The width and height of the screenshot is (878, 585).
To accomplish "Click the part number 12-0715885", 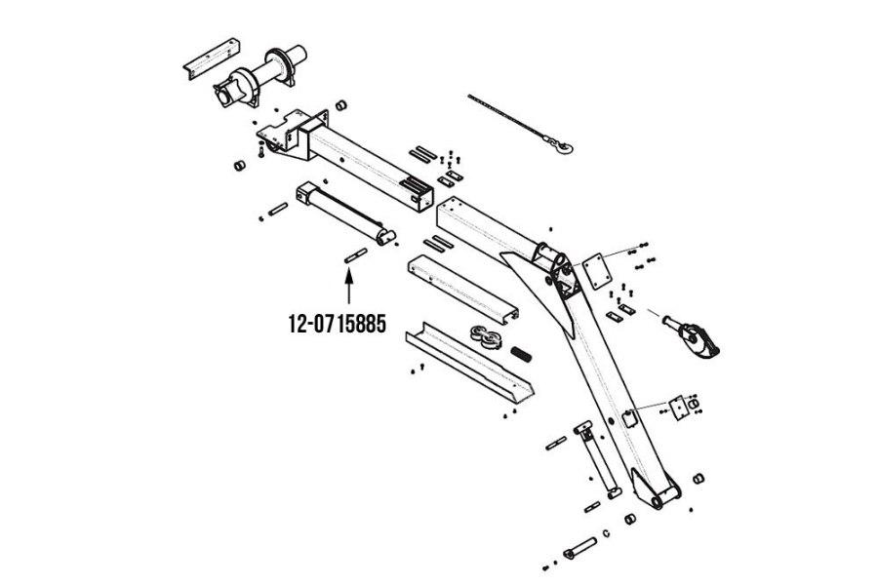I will click(337, 324).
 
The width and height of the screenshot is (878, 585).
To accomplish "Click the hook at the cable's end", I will click(563, 147).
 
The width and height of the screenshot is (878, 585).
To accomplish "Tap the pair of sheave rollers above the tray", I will click(482, 337).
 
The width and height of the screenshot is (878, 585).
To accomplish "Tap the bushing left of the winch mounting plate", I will click(237, 164).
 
